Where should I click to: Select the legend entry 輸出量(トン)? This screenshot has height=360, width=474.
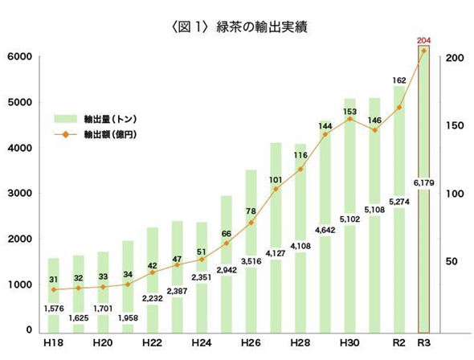coord(108,119)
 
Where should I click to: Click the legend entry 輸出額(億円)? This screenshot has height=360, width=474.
coord(108,133)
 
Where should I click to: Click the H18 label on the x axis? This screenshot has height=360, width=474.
coord(55,343)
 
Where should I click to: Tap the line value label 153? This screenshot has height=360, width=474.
coord(349,110)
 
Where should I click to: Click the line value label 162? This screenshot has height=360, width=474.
coord(399,80)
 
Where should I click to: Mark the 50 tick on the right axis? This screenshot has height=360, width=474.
coord(453,262)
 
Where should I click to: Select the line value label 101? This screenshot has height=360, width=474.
coord(276,179)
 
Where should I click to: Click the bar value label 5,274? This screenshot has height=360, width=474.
coord(398,202)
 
